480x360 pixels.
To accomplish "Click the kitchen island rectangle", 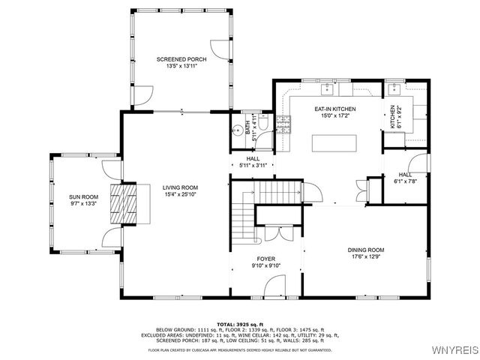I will coord(334,142).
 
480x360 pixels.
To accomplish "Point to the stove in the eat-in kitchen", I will coord(283,124).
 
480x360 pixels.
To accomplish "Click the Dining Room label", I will coord(365,250).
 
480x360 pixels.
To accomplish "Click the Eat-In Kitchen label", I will coord(334,109).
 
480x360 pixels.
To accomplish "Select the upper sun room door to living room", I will coord(111,169).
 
